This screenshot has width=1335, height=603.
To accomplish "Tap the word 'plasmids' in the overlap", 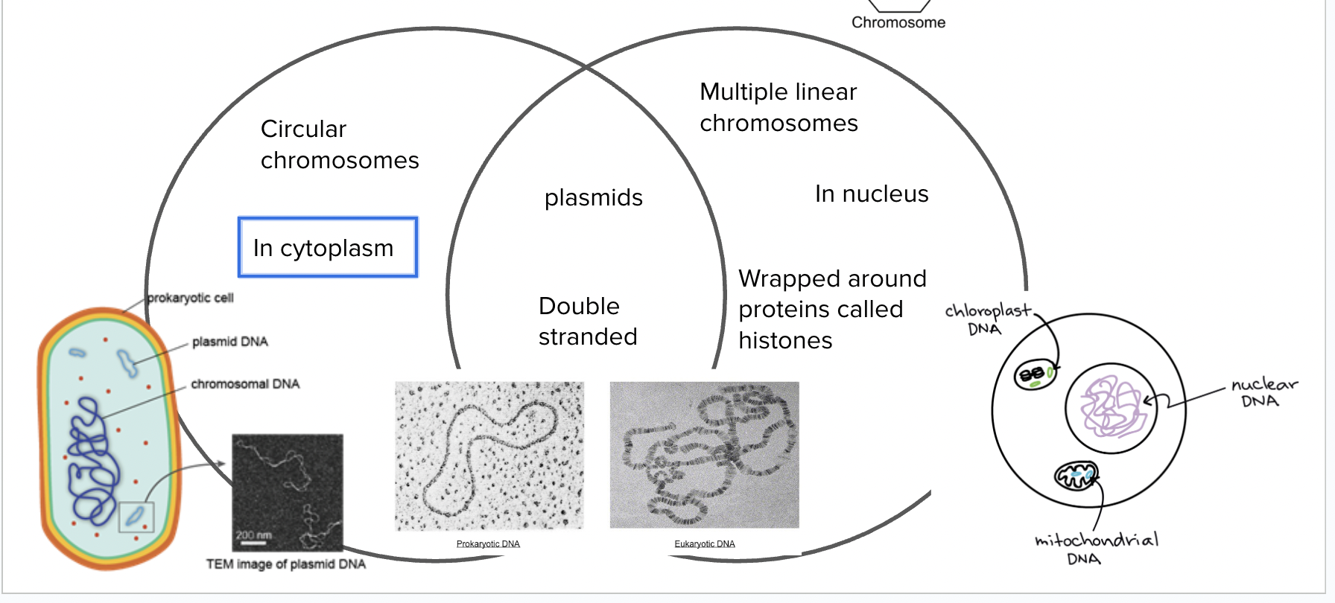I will click(x=593, y=198).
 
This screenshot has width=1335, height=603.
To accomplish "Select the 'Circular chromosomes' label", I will click(x=339, y=144).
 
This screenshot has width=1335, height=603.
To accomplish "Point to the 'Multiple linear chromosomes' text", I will click(x=779, y=107).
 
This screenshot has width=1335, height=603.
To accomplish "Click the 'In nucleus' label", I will click(x=871, y=194).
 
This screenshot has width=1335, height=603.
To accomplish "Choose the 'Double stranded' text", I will click(x=587, y=322).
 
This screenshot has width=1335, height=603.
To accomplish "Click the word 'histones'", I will click(x=785, y=341).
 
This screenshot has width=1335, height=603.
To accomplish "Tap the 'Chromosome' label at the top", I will click(x=898, y=22).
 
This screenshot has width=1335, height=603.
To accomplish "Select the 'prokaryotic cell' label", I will click(x=190, y=298).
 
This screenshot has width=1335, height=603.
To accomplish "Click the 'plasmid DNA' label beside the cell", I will click(x=229, y=342).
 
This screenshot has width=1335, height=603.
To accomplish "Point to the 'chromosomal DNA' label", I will click(x=245, y=384).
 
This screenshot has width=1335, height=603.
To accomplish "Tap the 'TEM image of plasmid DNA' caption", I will click(x=286, y=564).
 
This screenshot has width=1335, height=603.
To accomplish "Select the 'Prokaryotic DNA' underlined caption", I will click(x=488, y=544).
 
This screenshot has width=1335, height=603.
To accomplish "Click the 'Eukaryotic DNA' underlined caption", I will click(x=705, y=544).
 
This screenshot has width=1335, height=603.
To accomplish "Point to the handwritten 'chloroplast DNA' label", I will click(x=986, y=319).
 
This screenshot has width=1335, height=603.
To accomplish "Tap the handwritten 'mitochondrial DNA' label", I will click(x=1095, y=549).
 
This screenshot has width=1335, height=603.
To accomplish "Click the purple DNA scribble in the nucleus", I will click(x=1111, y=406).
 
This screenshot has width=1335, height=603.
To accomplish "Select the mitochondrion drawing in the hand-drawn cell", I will click(x=1076, y=474).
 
